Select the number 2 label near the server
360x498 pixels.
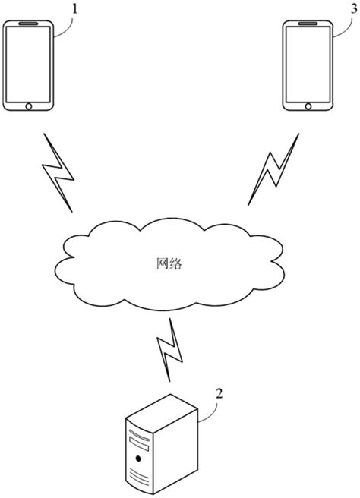tap(219, 394)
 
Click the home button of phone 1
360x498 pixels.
tap(30, 106)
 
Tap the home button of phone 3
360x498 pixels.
tap(308, 106)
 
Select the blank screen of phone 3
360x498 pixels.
tap(308, 65)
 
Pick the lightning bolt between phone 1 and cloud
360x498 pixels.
tap(58, 174)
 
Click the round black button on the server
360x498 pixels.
tap(138, 459)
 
